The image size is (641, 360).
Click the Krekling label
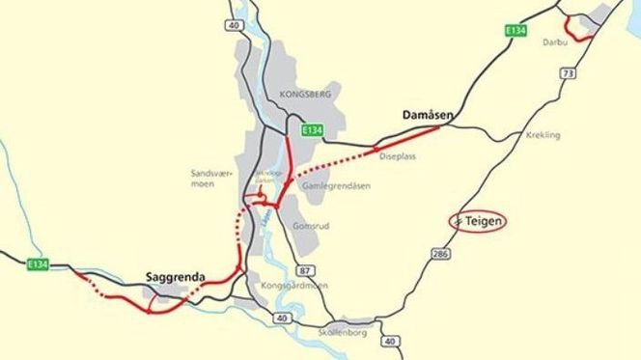pos(543,136)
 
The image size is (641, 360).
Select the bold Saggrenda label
pos(175,277)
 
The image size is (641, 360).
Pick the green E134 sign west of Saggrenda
pos(39,264)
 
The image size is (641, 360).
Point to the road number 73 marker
pos(568,74)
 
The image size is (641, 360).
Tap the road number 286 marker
pos(442,254)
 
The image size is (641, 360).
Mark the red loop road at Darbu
pos(580,29)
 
